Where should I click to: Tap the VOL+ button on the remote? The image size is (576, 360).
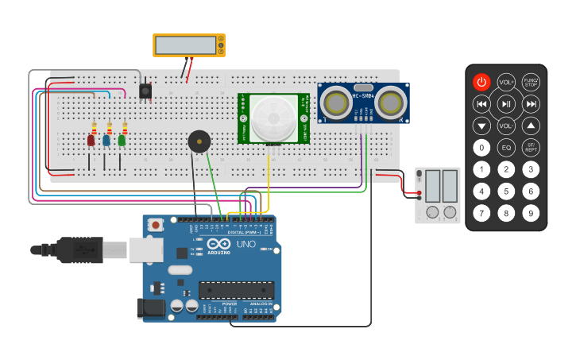click(506, 82)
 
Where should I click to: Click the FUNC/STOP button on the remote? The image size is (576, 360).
click(532, 82)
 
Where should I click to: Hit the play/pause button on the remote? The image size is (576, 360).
click(506, 104)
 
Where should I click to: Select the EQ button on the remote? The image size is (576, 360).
click(506, 147)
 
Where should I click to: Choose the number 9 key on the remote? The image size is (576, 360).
click(532, 212)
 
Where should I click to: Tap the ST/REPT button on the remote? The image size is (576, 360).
click(532, 147)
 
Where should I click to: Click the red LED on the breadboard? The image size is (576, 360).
click(91, 141)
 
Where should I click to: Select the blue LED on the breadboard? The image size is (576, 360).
click(106, 140)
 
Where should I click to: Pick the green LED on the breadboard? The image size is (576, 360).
click(122, 140)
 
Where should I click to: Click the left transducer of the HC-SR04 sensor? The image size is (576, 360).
click(336, 103)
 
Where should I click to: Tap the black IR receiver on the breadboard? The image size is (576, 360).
click(145, 91)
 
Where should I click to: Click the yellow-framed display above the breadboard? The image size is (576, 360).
click(188, 45)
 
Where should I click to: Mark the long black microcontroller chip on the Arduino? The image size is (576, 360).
click(236, 290)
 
